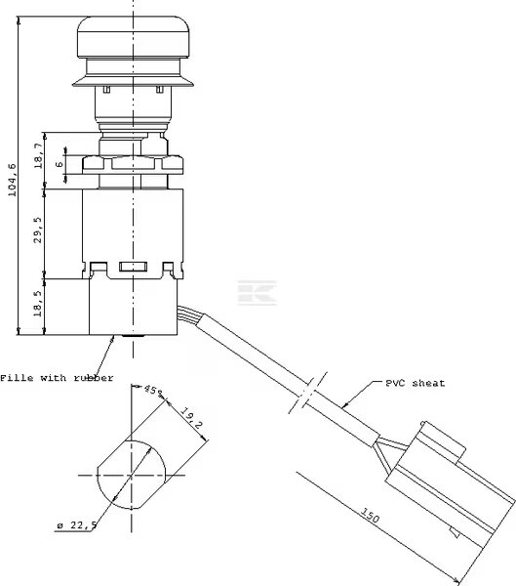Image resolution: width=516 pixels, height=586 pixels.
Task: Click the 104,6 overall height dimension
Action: point(13,180)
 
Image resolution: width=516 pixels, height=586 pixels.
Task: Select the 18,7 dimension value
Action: point(38,156)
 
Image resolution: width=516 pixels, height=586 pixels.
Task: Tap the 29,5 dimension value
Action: point(38,230)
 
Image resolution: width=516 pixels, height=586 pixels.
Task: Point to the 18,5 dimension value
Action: point(38,305)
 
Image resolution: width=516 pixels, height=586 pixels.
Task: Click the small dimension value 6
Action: point(60,164)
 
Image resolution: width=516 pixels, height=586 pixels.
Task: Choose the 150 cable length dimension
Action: point(370,515)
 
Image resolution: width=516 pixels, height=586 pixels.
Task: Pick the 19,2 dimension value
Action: point(192,417)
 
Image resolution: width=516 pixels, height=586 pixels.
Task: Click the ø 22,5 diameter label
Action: point(77,525)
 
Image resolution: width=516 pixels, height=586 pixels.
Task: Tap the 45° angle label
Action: point(153,390)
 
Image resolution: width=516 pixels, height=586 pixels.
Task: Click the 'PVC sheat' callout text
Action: point(416,383)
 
